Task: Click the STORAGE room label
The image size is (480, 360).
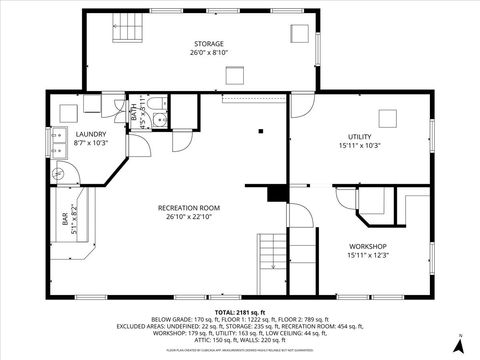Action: pyautogui.click(x=208, y=43)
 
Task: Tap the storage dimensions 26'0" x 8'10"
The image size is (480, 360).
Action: pyautogui.click(x=208, y=53)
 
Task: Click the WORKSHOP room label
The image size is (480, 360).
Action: pyautogui.click(x=367, y=246)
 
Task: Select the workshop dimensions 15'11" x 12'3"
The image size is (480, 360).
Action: pyautogui.click(x=367, y=256)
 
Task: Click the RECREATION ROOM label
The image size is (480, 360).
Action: pyautogui.click(x=189, y=208)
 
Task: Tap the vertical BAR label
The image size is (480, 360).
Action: pyautogui.click(x=67, y=222)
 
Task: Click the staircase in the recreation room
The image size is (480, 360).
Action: pyautogui.click(x=272, y=252)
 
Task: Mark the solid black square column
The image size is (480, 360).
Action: pyautogui.click(x=278, y=192)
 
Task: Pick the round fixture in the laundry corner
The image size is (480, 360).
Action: pyautogui.click(x=58, y=173)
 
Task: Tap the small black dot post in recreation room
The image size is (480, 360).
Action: pyautogui.click(x=259, y=129)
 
